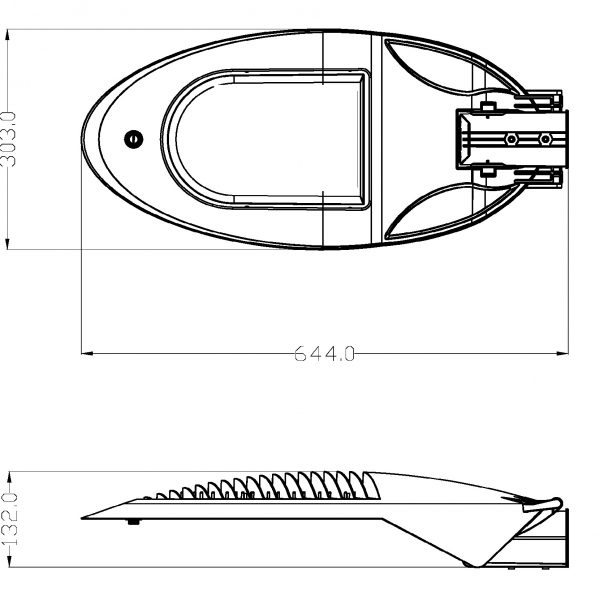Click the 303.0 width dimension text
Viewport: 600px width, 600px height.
[x=10, y=139]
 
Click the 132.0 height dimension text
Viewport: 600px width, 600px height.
[x=10, y=519]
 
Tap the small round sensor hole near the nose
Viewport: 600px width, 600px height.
[x=133, y=139]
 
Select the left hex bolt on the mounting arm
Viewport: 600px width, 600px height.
[x=512, y=139]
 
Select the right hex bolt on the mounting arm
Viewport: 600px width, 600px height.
[x=545, y=139]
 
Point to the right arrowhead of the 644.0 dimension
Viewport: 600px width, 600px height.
[x=562, y=353]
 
